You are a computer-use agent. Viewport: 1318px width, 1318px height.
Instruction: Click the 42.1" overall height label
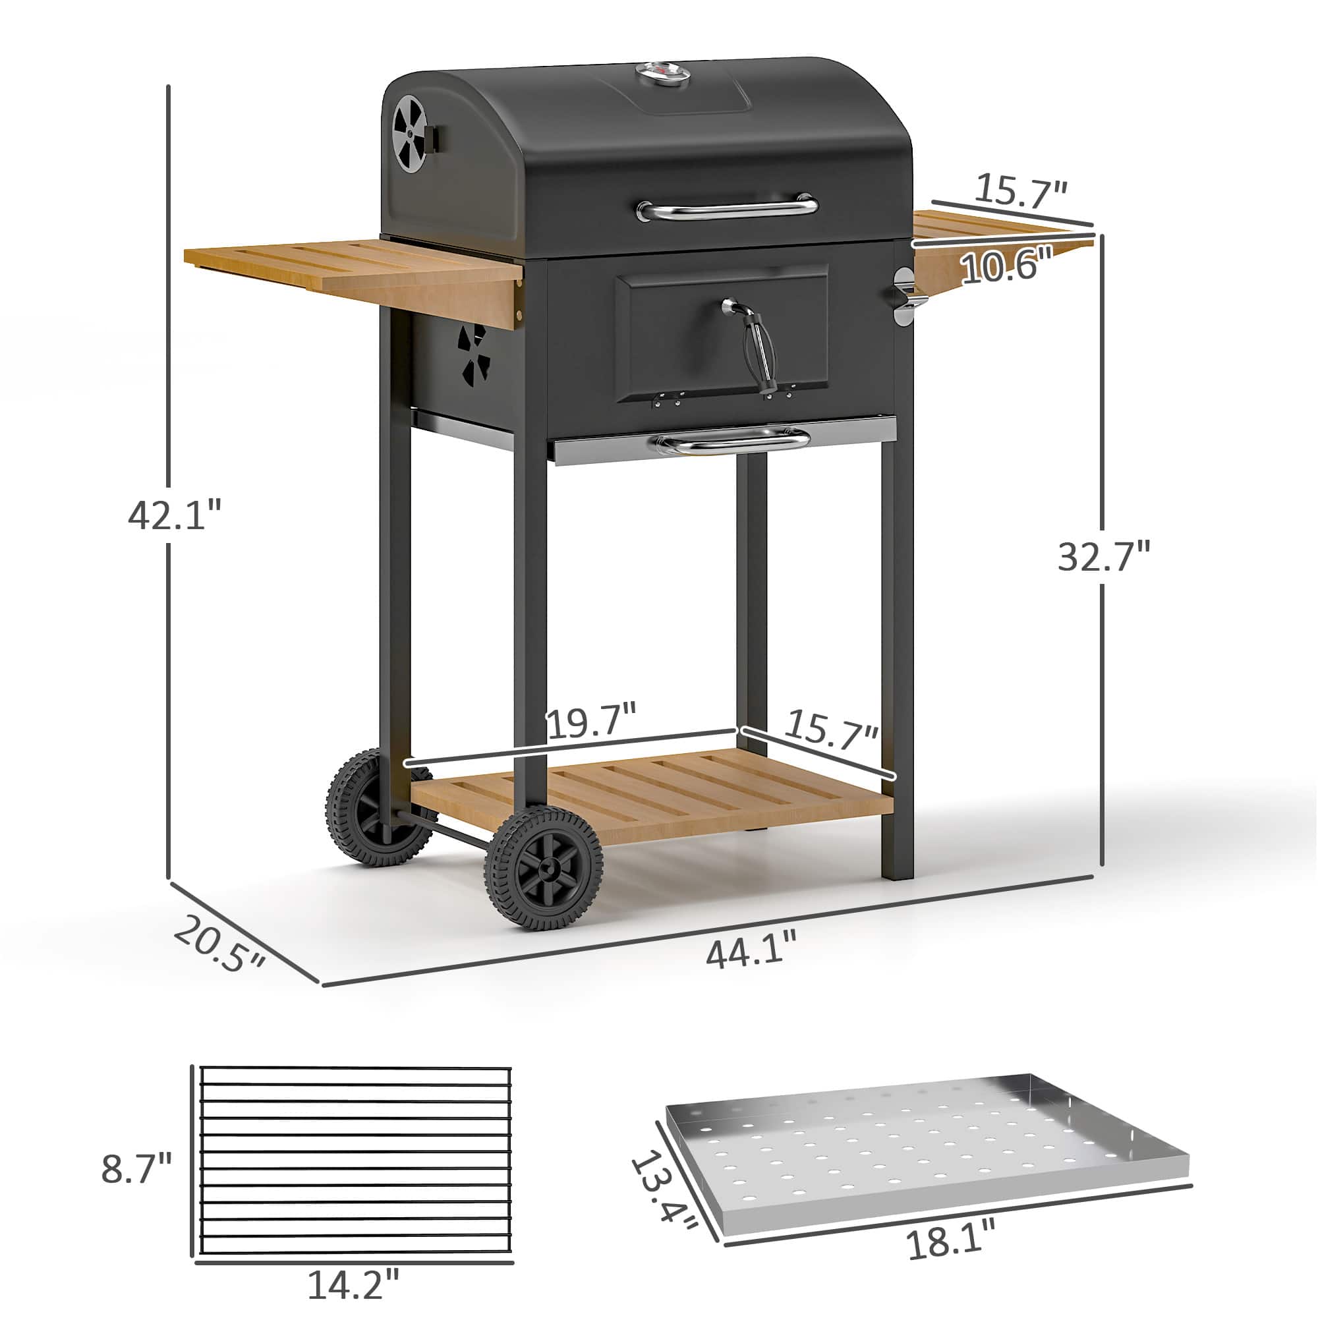175,515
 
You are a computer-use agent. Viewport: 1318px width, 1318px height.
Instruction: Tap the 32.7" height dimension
1103,556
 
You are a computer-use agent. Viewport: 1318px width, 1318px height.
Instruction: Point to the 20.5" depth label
218,945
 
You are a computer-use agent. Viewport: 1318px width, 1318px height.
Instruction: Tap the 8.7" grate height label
136,1168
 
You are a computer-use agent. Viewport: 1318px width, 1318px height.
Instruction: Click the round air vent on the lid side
410,132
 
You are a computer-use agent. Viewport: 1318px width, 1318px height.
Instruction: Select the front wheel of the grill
544,868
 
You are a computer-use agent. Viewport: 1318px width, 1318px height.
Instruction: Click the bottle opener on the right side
904,297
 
